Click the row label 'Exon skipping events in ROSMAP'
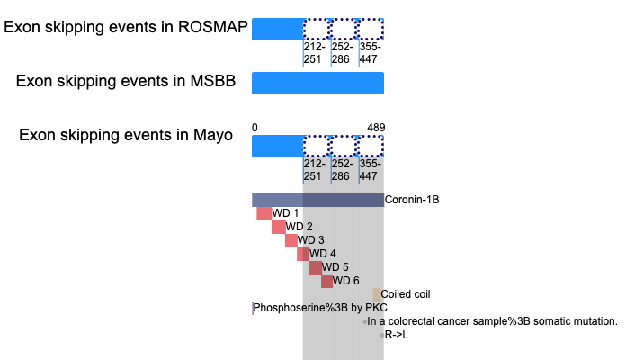tap(126, 27)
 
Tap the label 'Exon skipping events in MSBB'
tap(126, 81)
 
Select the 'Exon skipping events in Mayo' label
tap(126, 135)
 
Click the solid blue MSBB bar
tap(317, 83)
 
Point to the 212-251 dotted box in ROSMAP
tap(317, 29)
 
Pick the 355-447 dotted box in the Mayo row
tap(371, 146)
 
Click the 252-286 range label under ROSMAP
tap(342, 53)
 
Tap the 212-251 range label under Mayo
tap(314, 170)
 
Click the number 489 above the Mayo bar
tap(376, 128)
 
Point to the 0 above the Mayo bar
tap(255, 128)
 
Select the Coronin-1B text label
tap(412, 200)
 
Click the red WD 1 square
tap(264, 213)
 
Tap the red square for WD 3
tap(291, 240)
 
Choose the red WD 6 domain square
tap(327, 282)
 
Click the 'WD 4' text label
tap(323, 254)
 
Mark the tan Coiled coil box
tap(377, 295)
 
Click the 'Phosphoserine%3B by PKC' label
tap(320, 308)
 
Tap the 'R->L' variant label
tap(397, 335)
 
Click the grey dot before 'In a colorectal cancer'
tap(365, 321)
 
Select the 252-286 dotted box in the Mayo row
tap(343, 146)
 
